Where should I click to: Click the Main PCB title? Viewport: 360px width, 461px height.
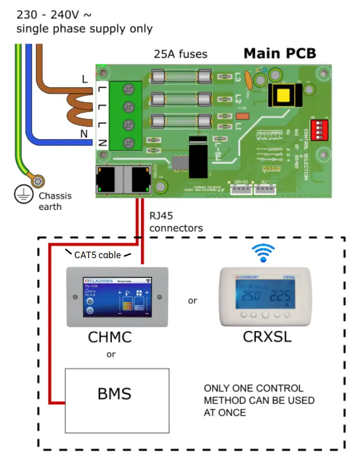280,53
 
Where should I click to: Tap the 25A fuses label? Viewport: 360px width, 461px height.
180,54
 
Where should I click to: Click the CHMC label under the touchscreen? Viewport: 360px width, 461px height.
110,337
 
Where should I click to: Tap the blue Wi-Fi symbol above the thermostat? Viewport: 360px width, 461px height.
263,254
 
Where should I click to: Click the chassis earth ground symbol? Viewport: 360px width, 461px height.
22,196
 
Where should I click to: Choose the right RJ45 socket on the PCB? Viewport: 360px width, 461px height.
141,180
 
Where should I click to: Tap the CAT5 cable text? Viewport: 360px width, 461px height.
97,255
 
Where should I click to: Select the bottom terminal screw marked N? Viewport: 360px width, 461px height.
128,143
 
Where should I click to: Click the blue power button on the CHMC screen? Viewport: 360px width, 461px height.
90,310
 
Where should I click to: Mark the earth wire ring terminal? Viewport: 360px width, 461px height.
39,182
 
